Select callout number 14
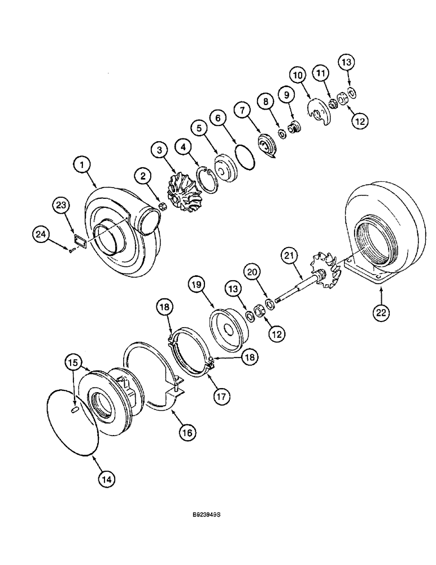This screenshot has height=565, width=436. (x=106, y=478)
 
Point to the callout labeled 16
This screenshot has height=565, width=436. (x=187, y=432)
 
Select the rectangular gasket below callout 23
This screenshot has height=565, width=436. (x=79, y=241)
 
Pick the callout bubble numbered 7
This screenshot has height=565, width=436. (x=243, y=110)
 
